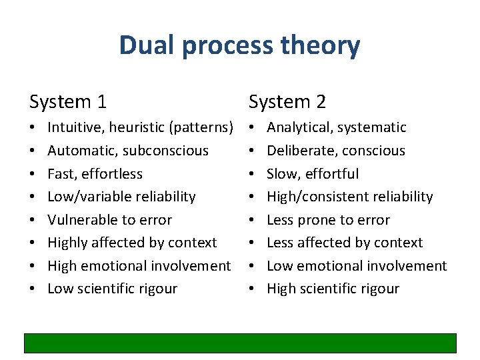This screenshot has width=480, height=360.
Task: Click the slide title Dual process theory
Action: (239, 45)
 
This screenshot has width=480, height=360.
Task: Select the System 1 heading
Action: (68, 102)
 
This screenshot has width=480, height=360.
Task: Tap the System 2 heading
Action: (287, 102)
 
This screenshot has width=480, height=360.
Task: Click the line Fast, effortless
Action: (95, 174)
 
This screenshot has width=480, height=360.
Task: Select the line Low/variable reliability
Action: (121, 197)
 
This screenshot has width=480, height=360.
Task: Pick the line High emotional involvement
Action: (139, 266)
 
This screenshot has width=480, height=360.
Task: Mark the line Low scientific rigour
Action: (113, 289)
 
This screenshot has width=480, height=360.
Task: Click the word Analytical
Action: (298, 127)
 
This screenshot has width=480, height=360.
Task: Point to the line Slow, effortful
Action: (313, 174)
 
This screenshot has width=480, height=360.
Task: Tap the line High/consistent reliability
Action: (350, 197)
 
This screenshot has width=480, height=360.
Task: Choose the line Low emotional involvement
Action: (357, 266)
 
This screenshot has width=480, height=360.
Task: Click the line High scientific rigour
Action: (333, 289)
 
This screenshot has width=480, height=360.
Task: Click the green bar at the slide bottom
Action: (240, 343)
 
